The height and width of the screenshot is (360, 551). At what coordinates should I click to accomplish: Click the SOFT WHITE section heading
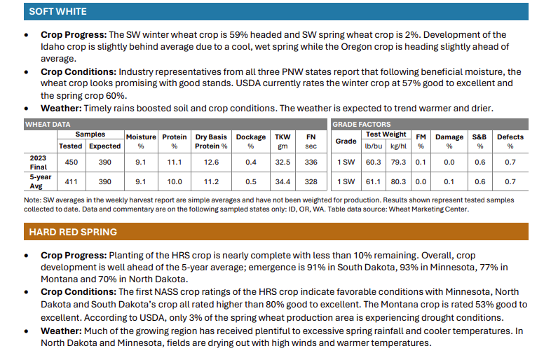click(57, 12)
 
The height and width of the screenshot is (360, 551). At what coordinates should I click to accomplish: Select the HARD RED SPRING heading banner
click(73, 232)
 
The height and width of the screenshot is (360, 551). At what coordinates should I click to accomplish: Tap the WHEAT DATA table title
click(48, 123)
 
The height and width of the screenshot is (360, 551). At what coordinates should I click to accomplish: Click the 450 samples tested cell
click(71, 162)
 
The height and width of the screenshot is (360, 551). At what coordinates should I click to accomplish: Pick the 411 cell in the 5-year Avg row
click(71, 181)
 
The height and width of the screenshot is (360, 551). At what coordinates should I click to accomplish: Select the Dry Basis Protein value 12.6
click(211, 162)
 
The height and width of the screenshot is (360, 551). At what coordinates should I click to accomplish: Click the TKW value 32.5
click(283, 162)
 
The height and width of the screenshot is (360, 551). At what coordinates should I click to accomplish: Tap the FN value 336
click(311, 162)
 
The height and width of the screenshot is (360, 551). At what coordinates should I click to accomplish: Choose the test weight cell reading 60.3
click(374, 162)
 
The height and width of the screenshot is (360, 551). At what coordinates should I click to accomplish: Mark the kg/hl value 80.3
click(398, 181)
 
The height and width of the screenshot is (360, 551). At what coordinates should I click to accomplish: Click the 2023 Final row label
click(38, 162)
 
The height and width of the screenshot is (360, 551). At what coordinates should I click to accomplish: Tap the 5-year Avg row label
click(38, 181)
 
